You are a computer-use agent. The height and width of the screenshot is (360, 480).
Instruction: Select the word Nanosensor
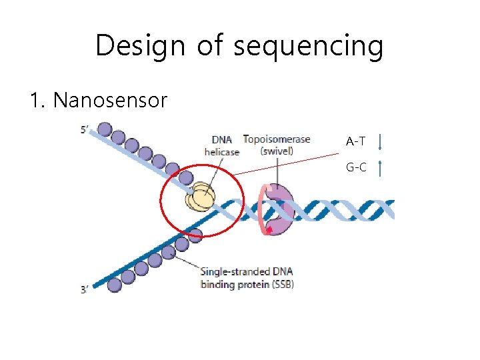coord(110,101)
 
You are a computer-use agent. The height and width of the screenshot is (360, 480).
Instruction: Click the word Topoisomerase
coord(277,139)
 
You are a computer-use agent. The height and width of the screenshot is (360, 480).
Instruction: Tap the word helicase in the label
coord(221,152)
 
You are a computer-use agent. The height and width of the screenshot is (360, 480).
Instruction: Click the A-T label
coord(355,141)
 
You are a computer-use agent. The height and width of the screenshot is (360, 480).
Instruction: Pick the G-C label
coord(355,167)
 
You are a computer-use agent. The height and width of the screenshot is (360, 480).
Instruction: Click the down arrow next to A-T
coord(379,142)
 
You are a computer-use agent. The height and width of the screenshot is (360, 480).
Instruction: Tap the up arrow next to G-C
coord(379,168)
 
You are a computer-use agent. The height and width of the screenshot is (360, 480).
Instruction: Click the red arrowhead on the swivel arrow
coord(269,230)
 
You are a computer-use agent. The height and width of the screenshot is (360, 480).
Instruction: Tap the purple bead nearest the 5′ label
coord(104,129)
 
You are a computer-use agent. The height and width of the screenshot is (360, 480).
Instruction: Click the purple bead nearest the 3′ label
coord(115,285)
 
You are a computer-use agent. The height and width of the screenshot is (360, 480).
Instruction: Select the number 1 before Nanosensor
coord(36,101)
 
